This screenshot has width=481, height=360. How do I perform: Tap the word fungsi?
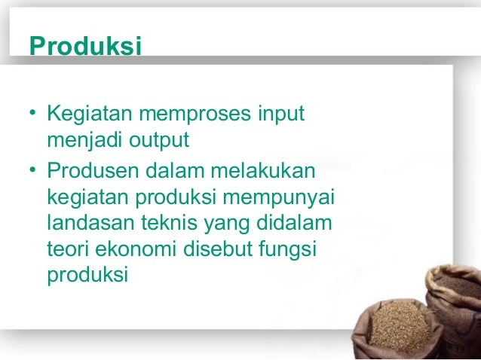290,250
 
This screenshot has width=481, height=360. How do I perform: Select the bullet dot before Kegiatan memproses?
33,116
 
